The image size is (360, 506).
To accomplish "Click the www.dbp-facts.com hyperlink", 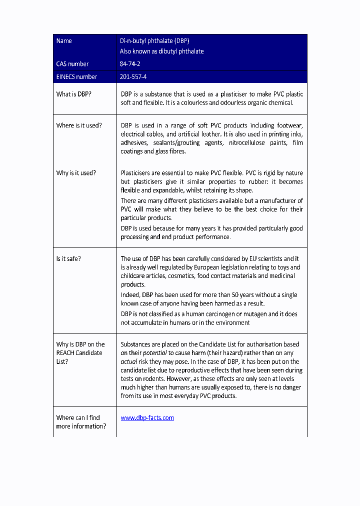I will [x=147, y=418].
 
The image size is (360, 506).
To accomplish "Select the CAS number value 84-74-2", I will [x=129, y=64].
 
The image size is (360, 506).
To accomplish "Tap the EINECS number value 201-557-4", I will [x=133, y=77].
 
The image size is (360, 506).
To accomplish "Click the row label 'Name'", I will [x=64, y=41].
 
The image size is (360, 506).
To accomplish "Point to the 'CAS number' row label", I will [x=72, y=64].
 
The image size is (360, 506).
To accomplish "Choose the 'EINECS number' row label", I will [x=76, y=77].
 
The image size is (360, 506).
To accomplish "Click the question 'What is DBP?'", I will [x=73, y=94].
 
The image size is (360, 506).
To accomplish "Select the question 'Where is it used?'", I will [x=78, y=125].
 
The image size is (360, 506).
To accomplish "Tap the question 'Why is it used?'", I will [x=76, y=173].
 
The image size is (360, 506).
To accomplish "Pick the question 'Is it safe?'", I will [x=68, y=259].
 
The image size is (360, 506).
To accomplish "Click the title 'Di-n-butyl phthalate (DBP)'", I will [x=154, y=41].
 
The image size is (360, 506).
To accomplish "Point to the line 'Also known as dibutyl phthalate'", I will [x=161, y=51].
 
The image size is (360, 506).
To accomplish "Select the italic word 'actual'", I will [x=129, y=361].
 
